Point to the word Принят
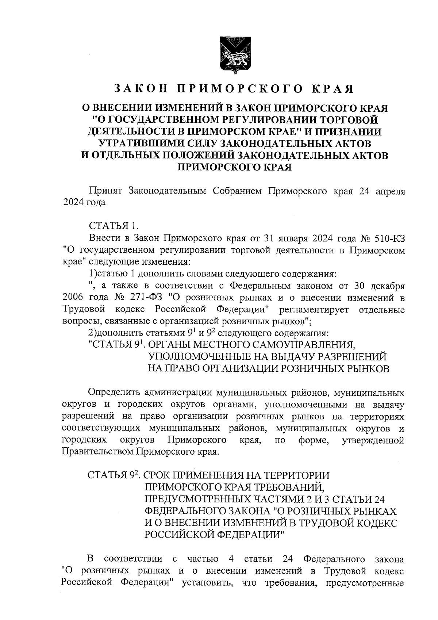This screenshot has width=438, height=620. [x=104, y=191]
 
